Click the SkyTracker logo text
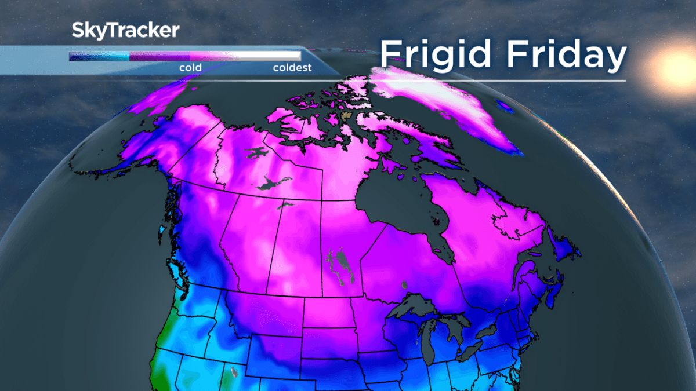(125, 31)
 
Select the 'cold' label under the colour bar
(190, 68)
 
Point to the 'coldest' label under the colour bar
(292, 68)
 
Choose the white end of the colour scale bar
(290, 56)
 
